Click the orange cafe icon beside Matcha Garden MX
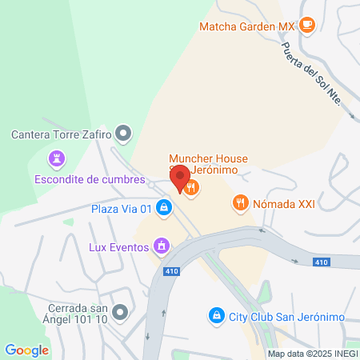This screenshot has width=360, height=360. coord(307,26)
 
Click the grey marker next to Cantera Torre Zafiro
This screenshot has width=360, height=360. coord(122,132)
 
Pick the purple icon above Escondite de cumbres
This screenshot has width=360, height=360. coord(56,160)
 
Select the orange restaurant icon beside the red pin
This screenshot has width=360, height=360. coord(191,188)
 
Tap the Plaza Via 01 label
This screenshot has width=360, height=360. coord(121,209)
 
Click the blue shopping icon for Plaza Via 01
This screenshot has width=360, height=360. coord(163,208)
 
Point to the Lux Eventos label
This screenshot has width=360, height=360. coord(118,247)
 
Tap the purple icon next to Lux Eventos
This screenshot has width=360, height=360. coord(162,246)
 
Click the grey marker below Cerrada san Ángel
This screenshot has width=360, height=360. coord(120,311)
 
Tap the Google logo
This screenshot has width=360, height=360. coord(26,350)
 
